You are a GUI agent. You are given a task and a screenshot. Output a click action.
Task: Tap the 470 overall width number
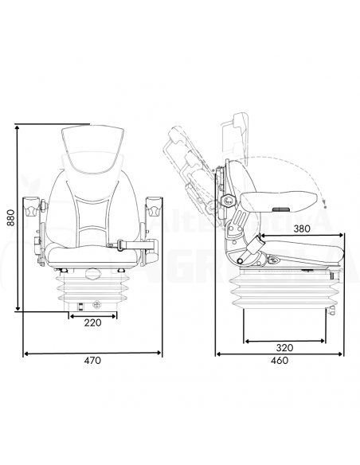[92, 361]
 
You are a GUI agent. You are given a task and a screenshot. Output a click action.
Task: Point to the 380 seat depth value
[302, 228]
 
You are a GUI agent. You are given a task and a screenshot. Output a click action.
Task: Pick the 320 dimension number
[285, 348]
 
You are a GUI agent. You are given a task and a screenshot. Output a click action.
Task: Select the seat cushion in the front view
[92, 253]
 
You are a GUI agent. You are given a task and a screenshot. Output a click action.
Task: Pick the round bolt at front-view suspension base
[96, 303]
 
